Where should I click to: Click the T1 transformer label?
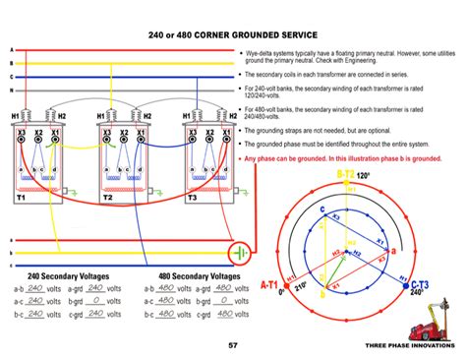[x=21, y=197]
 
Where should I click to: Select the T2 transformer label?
[x=109, y=197]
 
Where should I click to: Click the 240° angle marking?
[x=418, y=292]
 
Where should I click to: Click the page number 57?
[x=233, y=345]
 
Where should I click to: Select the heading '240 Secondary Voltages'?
[x=69, y=276]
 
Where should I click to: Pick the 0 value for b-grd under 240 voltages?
[x=97, y=301]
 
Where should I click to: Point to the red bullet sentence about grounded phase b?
[x=349, y=157]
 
